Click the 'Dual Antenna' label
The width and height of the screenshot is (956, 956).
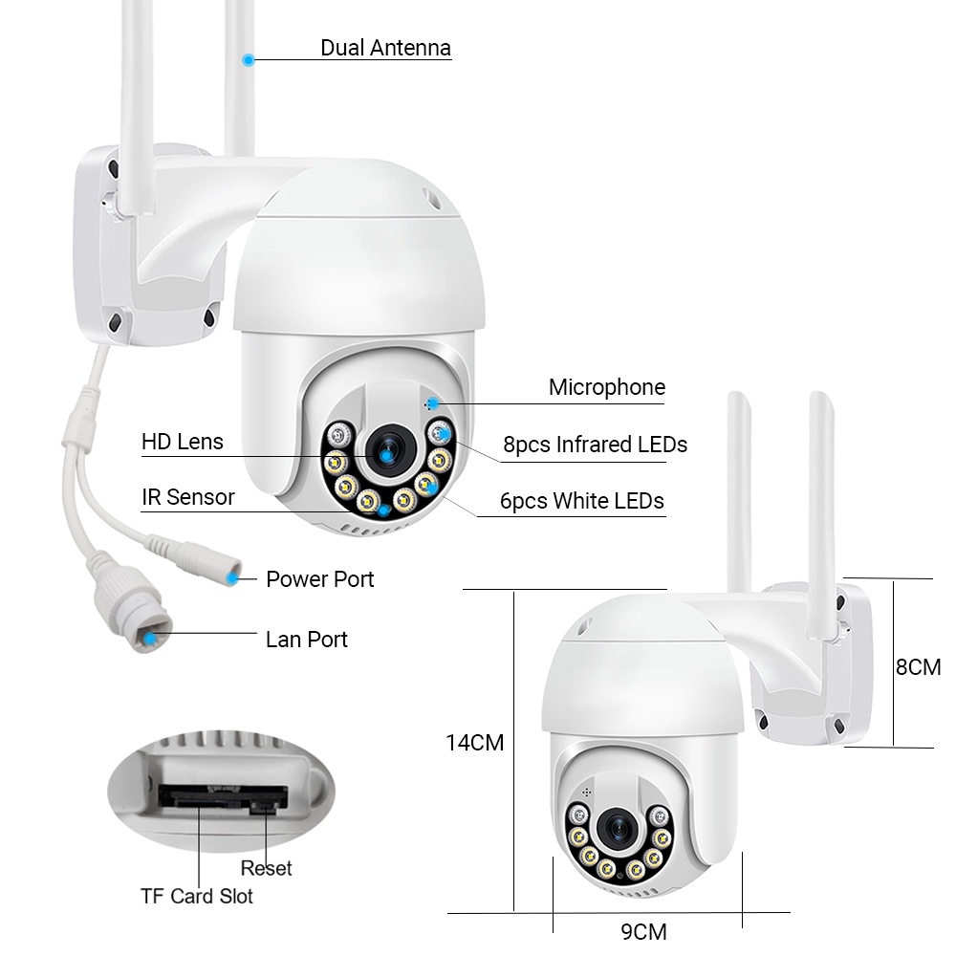tap(385, 48)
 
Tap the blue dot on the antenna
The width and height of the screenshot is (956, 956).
tap(249, 59)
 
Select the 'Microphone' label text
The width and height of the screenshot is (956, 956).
tap(607, 387)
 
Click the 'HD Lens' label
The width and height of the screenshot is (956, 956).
tap(183, 442)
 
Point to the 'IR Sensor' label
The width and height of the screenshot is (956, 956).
tap(187, 497)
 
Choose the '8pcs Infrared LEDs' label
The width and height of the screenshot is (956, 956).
tap(595, 445)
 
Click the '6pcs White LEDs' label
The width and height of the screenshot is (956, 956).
tap(581, 501)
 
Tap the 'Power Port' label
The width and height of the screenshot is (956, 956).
tap(319, 579)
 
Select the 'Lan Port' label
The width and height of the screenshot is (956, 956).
tap(306, 639)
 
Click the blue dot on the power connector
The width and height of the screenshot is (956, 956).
tap(232, 577)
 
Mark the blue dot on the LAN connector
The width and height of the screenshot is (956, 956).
tap(150, 639)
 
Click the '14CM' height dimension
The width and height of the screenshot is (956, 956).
tap(474, 743)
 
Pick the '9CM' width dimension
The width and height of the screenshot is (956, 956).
tap(643, 931)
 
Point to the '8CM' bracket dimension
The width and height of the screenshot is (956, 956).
tap(918, 667)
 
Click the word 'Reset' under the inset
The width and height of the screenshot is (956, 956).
tap(267, 868)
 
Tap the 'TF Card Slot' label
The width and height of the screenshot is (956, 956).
tap(196, 896)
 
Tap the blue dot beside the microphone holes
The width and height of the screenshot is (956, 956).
tap(433, 403)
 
